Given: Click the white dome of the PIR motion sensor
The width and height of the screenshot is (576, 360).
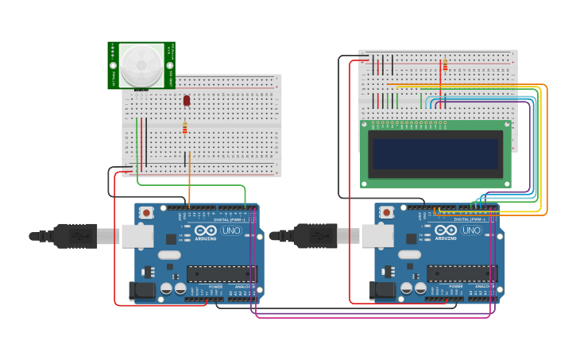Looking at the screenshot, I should click(x=141, y=64).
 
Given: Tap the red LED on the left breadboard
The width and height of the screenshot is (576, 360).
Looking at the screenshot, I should click(x=187, y=100).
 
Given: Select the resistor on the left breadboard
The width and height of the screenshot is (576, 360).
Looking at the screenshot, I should click(x=185, y=127).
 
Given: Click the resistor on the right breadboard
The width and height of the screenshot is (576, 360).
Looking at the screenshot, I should click(x=445, y=64).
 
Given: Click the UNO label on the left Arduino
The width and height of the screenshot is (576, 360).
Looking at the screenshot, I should click(x=232, y=230).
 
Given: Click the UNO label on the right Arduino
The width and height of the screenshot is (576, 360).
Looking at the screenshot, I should click(x=472, y=230).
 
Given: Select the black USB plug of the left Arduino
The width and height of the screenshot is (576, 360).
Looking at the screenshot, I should click(x=75, y=236).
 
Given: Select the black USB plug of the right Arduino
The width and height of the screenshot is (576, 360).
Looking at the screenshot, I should click(x=315, y=236).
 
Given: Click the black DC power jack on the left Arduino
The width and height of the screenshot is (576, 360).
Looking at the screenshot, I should click(x=143, y=291).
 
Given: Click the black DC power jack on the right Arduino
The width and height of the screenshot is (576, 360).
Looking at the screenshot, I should click(x=383, y=291).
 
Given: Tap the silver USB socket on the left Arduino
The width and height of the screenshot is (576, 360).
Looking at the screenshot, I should click(x=137, y=235).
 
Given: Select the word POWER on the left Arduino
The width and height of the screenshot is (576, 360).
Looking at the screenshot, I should click(x=215, y=286).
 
